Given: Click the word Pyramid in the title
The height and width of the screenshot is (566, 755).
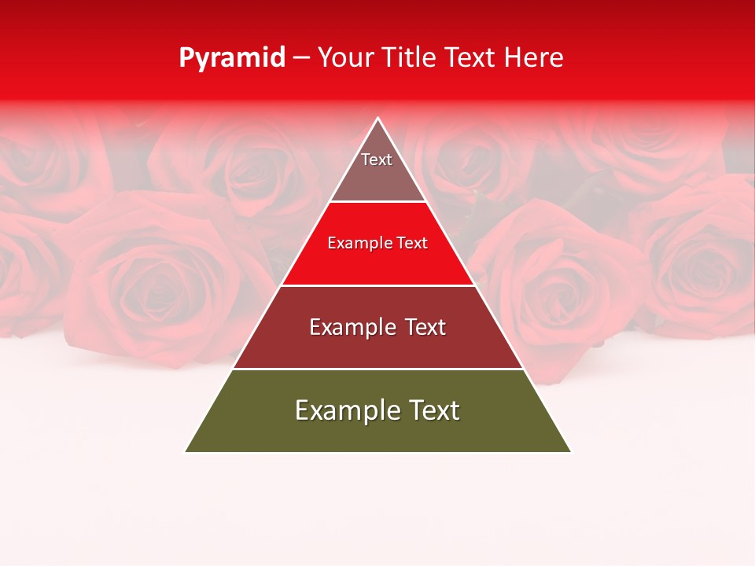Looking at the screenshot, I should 231,58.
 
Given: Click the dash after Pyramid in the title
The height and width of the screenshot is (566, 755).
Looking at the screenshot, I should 301,58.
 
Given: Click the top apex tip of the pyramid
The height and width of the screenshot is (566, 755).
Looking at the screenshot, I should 378,119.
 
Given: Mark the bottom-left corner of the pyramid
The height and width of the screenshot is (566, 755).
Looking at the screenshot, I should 186,452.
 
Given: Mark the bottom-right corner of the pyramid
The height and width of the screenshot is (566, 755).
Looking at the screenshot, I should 571,452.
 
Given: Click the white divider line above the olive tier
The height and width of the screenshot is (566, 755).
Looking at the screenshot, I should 377,369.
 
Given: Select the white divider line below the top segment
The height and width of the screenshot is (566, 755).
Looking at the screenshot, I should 377,202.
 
